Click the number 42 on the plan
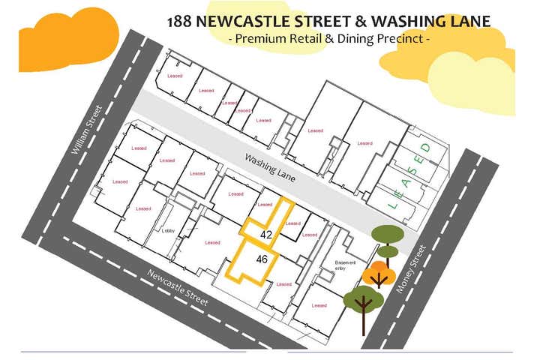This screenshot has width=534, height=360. click(265, 235)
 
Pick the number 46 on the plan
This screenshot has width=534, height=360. click(262, 259)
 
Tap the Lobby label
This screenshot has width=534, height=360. click(169, 231)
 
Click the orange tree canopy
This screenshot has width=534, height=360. click(379, 274)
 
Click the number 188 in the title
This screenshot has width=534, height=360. click(181, 21)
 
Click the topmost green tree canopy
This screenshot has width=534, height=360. click(388, 234)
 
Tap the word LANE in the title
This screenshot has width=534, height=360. click(464, 21)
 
